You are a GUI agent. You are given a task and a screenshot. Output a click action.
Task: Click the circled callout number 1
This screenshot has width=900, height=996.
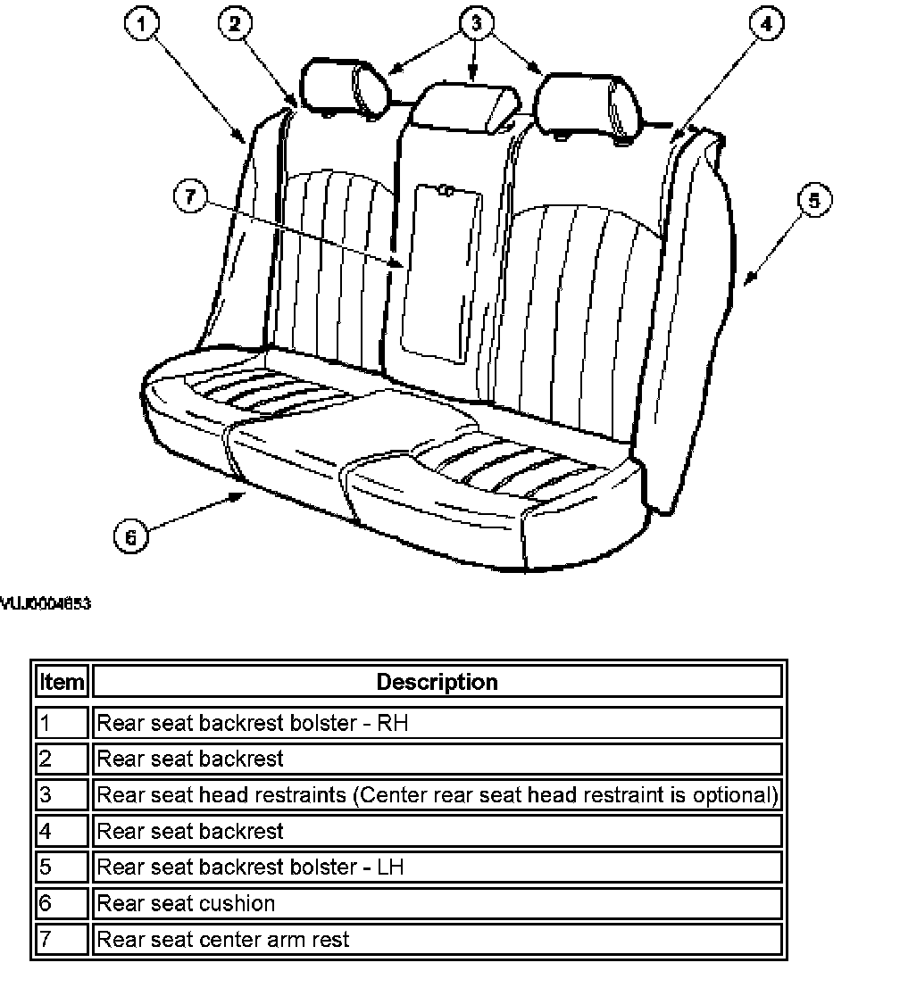pyautogui.click(x=140, y=25)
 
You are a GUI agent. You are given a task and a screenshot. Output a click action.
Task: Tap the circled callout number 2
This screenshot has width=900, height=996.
pyautogui.click(x=235, y=25)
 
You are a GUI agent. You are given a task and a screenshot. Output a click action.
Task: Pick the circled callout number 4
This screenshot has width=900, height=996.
pyautogui.click(x=765, y=25)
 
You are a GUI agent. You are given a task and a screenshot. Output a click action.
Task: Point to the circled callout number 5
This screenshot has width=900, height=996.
pyautogui.click(x=813, y=201)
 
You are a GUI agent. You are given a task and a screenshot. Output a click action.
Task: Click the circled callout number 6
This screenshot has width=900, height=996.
pyautogui.click(x=130, y=536)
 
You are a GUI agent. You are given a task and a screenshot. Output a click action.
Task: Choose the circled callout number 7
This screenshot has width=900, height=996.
pyautogui.click(x=190, y=196)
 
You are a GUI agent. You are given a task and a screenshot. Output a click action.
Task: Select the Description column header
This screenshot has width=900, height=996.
pyautogui.click(x=437, y=683)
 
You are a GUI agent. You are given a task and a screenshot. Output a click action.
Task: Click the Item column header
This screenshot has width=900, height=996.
pyautogui.click(x=62, y=683)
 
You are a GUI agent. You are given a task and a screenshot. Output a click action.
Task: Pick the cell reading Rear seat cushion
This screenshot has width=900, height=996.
pyautogui.click(x=186, y=903)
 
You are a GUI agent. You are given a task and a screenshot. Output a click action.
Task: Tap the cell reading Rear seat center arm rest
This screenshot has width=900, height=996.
pyautogui.click(x=223, y=939)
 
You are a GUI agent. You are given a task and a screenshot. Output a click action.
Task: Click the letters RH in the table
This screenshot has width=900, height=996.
pyautogui.click(x=393, y=723)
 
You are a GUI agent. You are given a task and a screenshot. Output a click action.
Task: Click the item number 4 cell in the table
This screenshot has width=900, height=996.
pyautogui.click(x=62, y=831)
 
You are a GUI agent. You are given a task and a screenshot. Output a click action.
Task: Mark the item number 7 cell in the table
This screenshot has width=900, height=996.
pyautogui.click(x=62, y=939)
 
